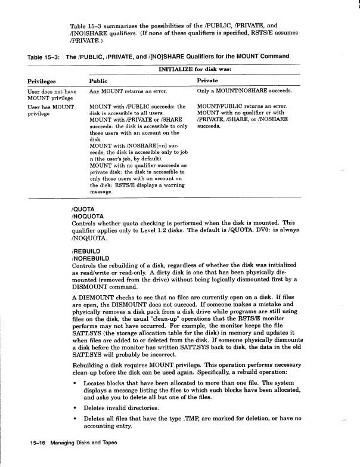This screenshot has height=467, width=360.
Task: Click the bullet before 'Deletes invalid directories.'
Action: (74, 408)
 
